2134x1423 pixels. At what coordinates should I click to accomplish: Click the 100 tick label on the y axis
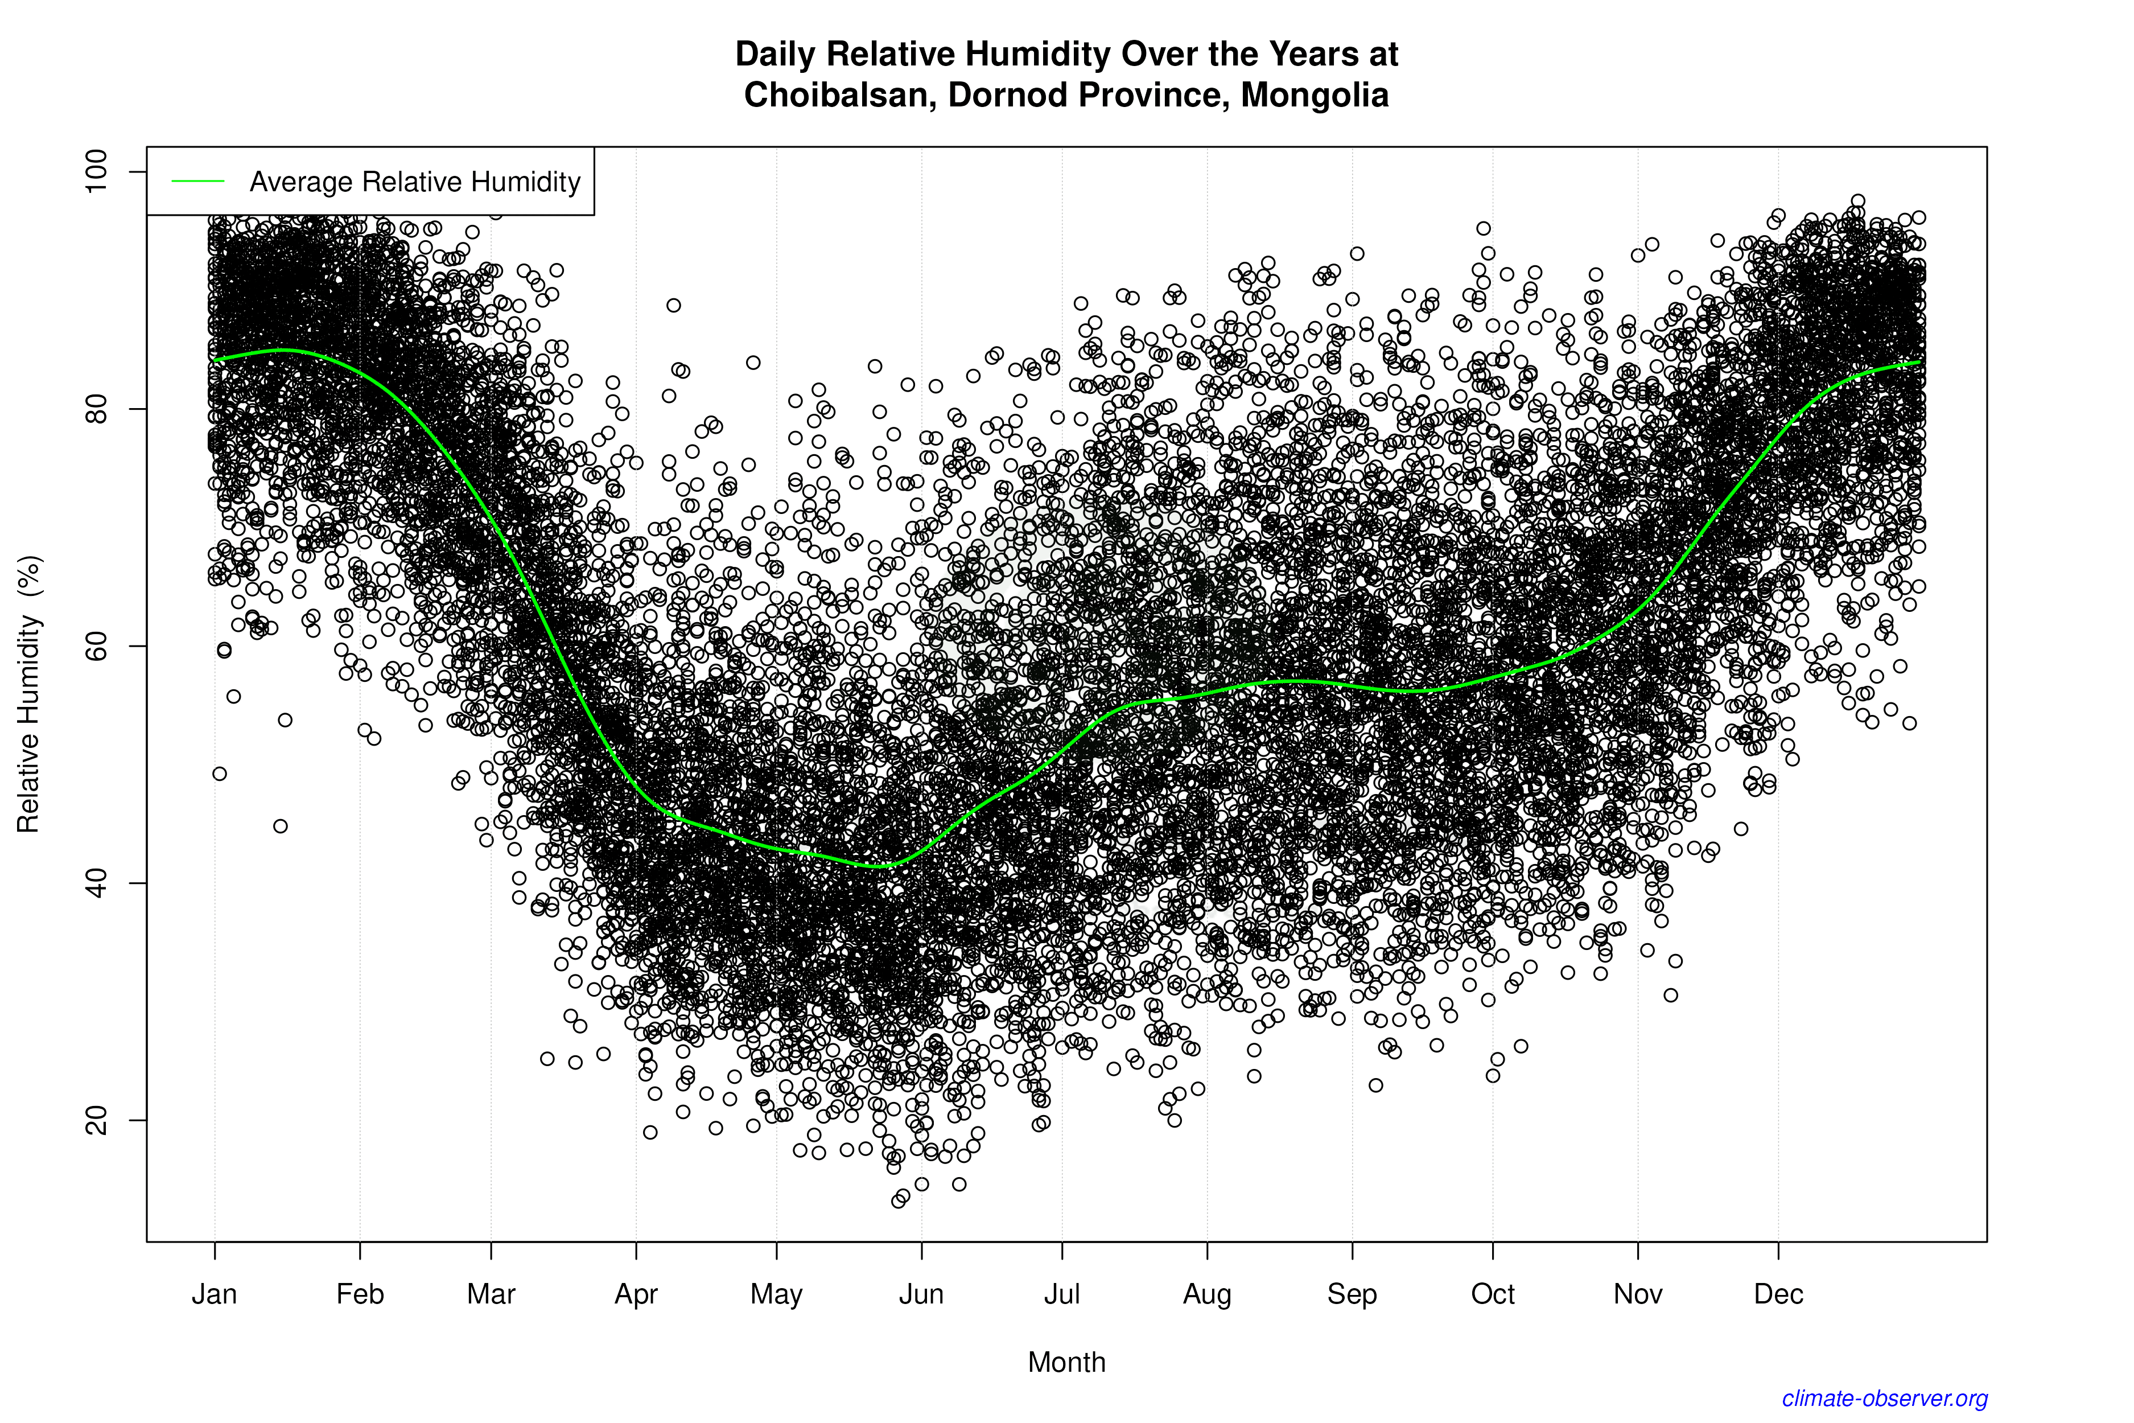click(95, 171)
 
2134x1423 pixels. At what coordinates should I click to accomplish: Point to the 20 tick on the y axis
click(95, 1120)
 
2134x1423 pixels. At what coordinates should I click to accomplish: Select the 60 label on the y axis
click(95, 646)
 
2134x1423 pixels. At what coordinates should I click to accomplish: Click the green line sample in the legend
click(198, 182)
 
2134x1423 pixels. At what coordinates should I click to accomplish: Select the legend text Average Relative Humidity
click(415, 182)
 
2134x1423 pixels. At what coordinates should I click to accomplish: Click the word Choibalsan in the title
click(839, 95)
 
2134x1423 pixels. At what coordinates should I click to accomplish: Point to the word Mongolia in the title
click(1315, 95)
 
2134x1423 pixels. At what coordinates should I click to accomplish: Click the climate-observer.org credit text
click(1885, 1399)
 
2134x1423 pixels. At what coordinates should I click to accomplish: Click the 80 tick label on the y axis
click(95, 409)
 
